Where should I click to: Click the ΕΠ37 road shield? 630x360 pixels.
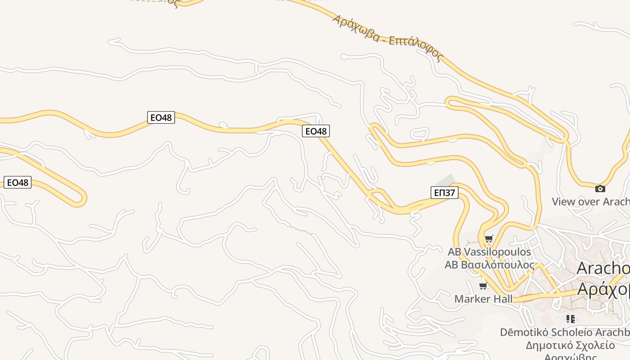[444, 193]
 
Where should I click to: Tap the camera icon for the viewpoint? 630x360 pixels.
[600, 189]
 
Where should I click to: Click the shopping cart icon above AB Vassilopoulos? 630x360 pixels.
[489, 238]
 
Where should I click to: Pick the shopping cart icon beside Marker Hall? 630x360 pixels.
[483, 286]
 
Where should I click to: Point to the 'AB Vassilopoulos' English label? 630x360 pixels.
[489, 252]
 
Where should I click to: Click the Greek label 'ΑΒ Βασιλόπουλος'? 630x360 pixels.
[489, 265]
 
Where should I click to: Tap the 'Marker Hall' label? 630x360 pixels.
[483, 299]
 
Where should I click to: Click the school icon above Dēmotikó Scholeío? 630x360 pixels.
[570, 319]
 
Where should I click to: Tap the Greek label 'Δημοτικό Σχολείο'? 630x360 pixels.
[570, 346]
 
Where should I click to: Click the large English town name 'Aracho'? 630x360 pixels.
[603, 268]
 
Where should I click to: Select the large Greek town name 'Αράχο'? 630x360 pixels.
[603, 289]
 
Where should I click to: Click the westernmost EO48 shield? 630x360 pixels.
[18, 182]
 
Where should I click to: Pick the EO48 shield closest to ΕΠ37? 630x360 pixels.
[316, 131]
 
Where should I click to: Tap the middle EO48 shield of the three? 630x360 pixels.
[161, 117]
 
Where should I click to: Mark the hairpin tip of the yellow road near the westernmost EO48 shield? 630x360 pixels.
[84, 198]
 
